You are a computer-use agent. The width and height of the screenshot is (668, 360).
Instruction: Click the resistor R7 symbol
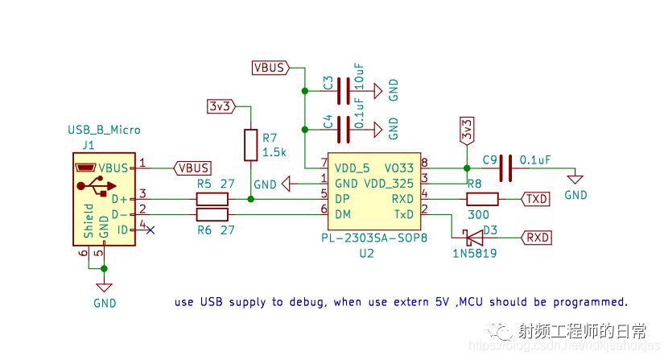tap(251, 145)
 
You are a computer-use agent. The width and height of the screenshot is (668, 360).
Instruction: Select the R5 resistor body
tap(212, 199)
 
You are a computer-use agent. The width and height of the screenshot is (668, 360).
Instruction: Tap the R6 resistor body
tap(212, 214)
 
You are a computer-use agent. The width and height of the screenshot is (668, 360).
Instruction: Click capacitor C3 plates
tap(346, 89)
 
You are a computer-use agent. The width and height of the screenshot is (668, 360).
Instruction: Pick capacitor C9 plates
tap(505, 168)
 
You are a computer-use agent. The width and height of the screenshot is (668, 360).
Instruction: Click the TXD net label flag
tap(537, 199)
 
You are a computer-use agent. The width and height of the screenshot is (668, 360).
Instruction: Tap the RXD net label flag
tap(537, 237)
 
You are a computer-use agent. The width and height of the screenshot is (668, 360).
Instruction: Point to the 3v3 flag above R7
tap(221, 106)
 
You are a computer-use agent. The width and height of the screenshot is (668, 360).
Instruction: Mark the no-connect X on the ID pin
tap(150, 230)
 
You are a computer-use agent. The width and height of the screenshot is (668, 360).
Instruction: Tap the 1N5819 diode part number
tap(474, 253)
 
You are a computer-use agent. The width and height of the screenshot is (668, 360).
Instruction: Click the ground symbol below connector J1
tap(104, 288)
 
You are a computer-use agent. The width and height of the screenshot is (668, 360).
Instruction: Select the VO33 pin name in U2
tap(399, 168)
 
